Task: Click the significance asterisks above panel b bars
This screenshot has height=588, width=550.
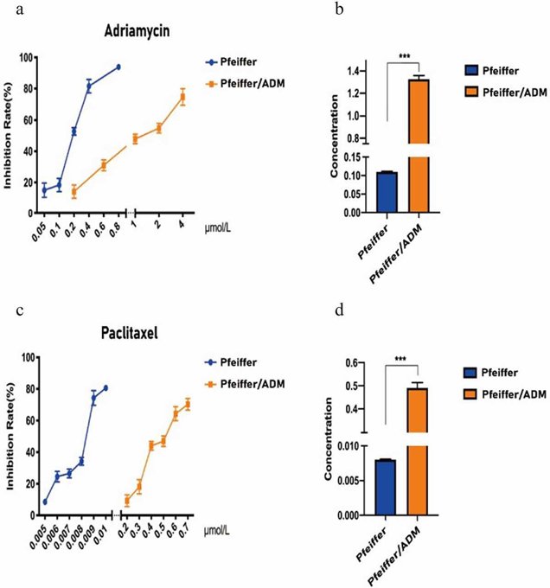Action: [x=404, y=57]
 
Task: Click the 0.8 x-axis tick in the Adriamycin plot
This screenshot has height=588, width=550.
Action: [x=116, y=228]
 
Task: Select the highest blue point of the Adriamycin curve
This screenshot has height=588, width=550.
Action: [x=118, y=67]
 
